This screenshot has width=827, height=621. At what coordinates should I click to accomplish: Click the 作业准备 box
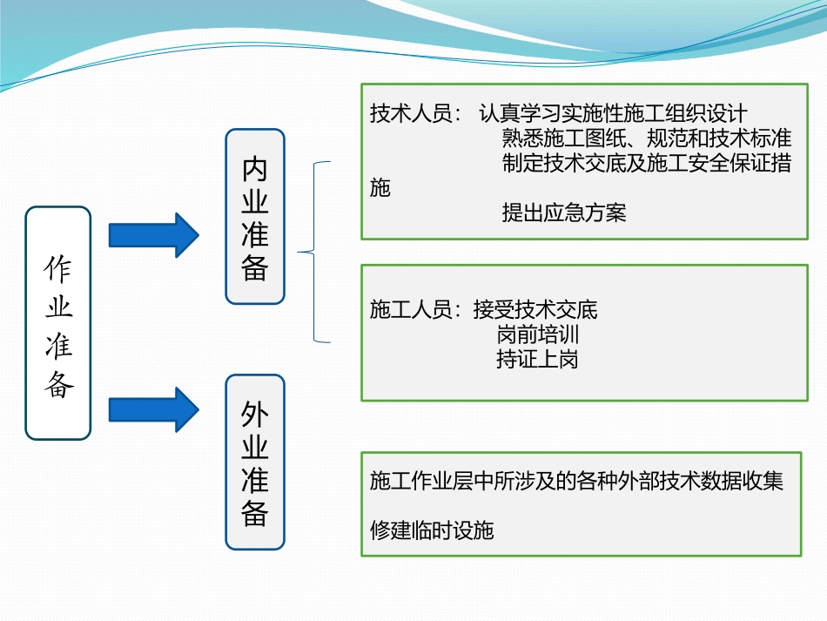[58, 323]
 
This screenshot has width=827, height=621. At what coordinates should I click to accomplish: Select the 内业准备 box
[255, 217]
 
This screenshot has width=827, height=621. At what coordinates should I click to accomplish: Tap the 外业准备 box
[255, 462]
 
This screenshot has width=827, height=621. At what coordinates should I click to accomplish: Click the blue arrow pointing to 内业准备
[153, 235]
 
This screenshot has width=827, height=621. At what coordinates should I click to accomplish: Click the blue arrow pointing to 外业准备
[153, 409]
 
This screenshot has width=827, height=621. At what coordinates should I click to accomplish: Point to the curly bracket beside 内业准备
[315, 253]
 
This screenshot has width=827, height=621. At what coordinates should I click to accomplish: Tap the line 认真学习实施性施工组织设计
[613, 114]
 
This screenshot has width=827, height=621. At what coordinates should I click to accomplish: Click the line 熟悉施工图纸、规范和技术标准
[646, 138]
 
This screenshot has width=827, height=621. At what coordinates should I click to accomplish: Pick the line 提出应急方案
[563, 213]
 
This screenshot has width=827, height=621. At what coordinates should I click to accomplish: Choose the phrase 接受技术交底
[535, 309]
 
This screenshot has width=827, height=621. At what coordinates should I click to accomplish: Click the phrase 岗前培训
[537, 334]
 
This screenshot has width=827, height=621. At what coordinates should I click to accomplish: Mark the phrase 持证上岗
[537, 359]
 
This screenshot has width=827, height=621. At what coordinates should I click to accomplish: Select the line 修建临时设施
[432, 530]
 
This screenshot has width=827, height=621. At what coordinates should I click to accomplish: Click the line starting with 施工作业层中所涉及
[576, 481]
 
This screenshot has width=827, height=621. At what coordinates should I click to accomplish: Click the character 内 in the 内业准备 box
[255, 169]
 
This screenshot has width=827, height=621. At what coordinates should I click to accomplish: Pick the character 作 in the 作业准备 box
[58, 269]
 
